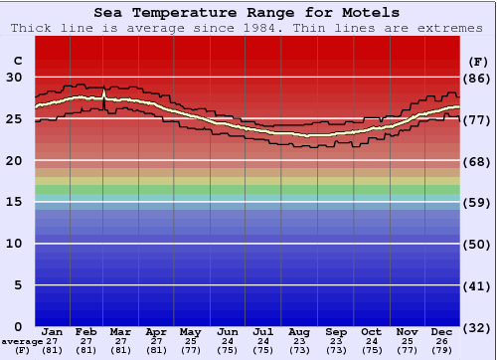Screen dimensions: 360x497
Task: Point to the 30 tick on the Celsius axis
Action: (14, 77)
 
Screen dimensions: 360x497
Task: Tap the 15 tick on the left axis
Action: (14, 202)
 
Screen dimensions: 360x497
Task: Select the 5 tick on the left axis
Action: (19, 285)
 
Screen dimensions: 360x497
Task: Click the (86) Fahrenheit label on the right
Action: (478, 78)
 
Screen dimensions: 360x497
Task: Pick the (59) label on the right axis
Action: (478, 203)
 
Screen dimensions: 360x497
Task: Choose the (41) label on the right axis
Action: (478, 285)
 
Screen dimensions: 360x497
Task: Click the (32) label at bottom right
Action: (478, 327)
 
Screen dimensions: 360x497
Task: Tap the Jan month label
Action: (53, 331)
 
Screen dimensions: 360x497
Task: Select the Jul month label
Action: (263, 331)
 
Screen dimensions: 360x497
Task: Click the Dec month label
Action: (442, 331)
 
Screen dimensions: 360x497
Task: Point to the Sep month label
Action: (336, 331)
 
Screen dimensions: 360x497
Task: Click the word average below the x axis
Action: (21, 341)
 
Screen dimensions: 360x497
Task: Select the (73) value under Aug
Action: (299, 350)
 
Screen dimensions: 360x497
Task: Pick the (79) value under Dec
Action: (442, 350)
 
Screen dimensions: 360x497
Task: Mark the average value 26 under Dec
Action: (442, 341)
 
